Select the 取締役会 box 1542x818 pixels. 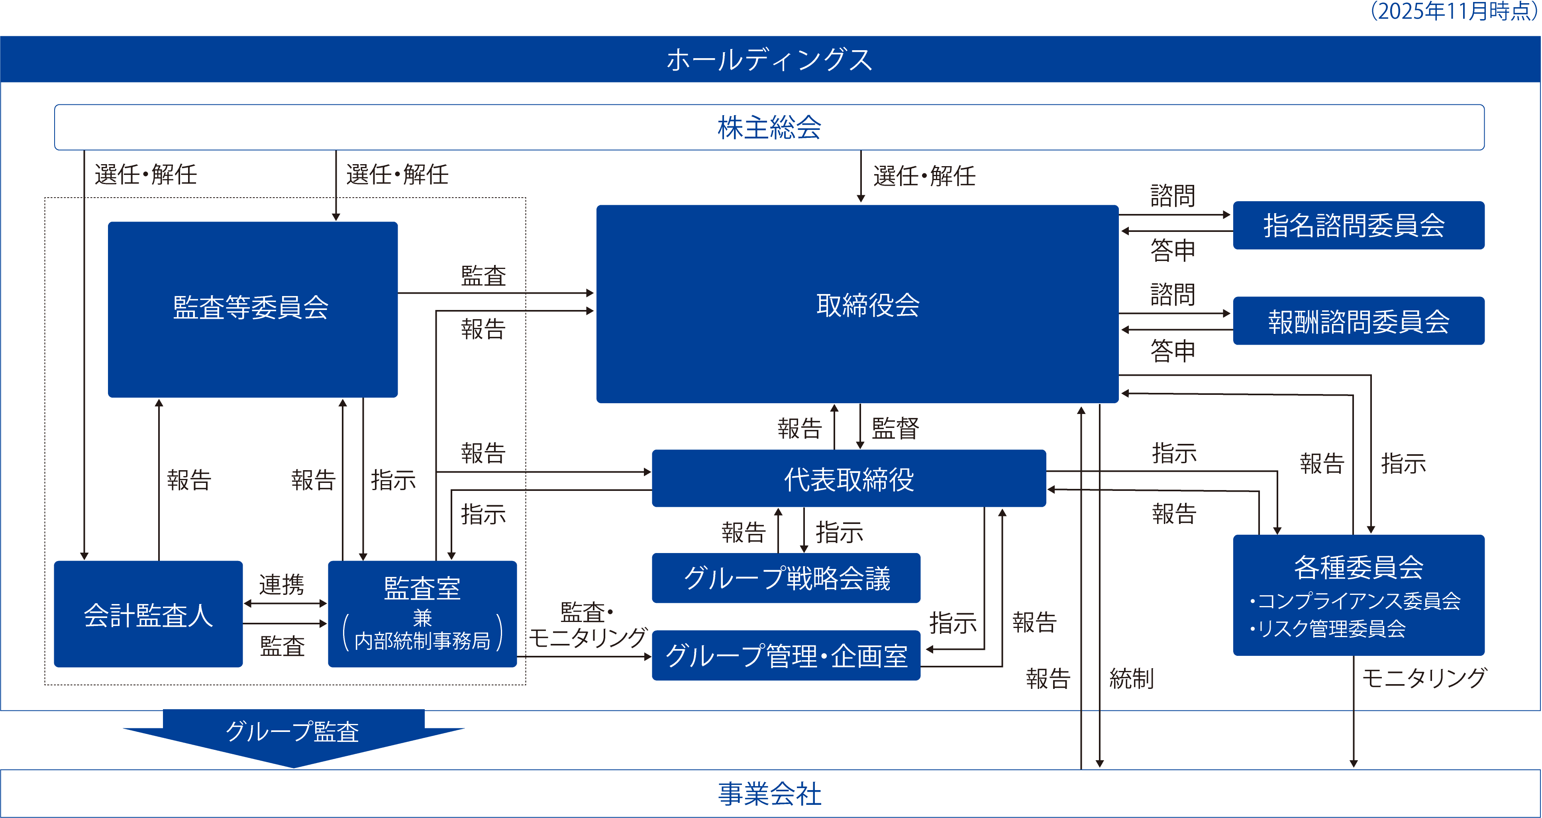(857, 304)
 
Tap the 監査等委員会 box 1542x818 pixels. (253, 309)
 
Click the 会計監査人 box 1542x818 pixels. (149, 614)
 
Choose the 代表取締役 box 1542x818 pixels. (849, 479)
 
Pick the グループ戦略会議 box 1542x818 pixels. (786, 578)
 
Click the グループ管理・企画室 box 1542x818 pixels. (786, 655)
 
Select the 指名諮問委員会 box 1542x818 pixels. (1359, 226)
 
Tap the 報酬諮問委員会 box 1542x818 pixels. (1359, 321)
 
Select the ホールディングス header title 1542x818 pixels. (770, 60)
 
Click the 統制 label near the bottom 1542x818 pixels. (1131, 679)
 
